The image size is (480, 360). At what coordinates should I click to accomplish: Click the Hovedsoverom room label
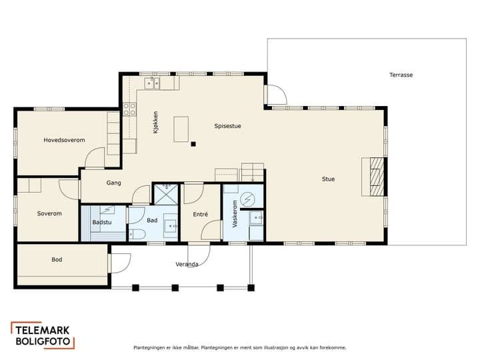[64, 140]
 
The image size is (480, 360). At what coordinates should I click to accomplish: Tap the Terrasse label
[401, 75]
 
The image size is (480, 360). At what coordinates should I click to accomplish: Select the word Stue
[328, 179]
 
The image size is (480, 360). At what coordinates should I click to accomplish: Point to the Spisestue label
[227, 126]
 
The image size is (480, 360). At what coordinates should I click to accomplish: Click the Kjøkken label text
[155, 122]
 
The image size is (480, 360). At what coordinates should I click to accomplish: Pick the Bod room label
[57, 259]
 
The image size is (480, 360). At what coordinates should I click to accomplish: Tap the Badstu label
[101, 222]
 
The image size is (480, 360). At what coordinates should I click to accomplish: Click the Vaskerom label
[235, 214]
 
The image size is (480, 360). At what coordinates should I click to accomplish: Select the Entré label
[201, 214]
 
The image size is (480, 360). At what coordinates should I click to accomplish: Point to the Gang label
[113, 183]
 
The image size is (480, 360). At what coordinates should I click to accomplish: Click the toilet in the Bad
[137, 234]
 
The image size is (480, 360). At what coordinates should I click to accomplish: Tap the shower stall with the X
[166, 194]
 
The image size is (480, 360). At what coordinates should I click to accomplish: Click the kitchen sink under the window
[152, 83]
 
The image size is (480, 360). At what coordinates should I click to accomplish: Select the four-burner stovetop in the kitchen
[129, 109]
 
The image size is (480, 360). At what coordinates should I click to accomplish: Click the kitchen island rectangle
[181, 129]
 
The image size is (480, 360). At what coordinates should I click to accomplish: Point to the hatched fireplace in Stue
[377, 177]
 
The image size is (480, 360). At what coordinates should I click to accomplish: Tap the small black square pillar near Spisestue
[193, 144]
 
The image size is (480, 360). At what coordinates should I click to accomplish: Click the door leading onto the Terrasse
[275, 95]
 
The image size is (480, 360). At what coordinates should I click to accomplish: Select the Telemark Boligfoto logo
[43, 335]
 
